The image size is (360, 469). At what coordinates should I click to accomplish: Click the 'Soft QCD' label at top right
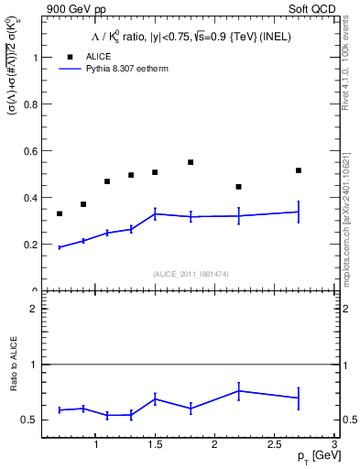(x=312, y=8)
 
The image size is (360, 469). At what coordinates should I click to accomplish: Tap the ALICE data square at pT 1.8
(x=191, y=162)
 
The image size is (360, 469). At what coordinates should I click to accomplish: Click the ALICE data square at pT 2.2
(x=238, y=187)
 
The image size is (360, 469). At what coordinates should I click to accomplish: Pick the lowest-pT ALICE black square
(x=60, y=213)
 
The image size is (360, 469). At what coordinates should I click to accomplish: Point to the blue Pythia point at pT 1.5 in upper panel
(x=155, y=213)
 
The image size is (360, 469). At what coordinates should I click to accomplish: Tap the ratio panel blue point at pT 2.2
(x=238, y=390)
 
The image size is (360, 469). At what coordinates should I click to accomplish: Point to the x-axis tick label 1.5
(x=155, y=444)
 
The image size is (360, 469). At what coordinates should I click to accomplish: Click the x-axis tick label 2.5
(x=274, y=444)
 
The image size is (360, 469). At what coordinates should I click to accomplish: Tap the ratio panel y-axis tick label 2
(x=34, y=309)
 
